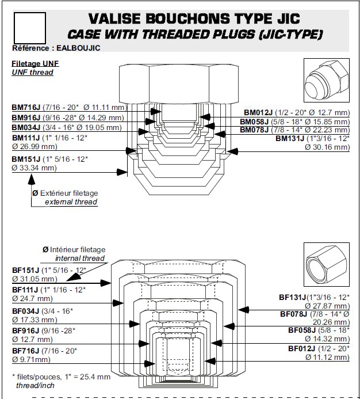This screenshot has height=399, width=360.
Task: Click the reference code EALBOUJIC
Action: point(76,48)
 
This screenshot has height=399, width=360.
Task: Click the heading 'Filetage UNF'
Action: point(35,63)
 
